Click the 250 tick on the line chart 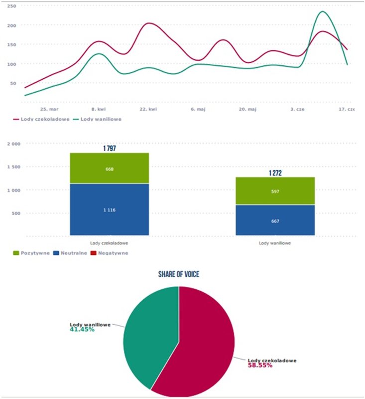12,6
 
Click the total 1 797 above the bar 109,148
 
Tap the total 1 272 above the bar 275,173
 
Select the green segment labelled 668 109,169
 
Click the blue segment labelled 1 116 109,210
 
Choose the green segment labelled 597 275,191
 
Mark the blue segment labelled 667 275,220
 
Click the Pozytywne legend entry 34,253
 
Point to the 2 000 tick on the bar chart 12,144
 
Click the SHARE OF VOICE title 179,274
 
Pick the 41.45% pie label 82,330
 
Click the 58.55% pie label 260,365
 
